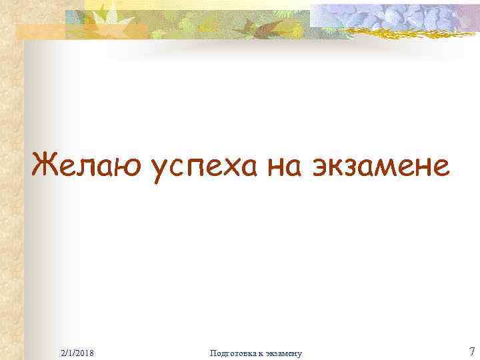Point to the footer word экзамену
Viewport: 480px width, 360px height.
coord(283,353)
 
